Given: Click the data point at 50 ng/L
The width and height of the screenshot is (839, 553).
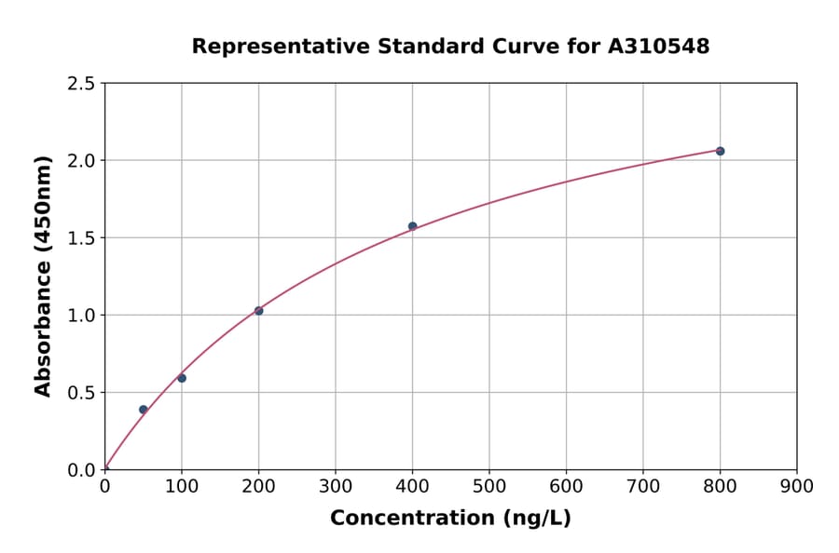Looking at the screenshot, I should click(x=143, y=410).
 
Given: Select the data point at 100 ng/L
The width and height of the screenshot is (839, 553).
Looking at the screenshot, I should click(x=182, y=378).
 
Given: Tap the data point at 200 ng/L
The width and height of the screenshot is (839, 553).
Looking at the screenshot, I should click(x=258, y=311).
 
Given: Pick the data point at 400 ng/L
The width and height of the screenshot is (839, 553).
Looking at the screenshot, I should click(x=412, y=226).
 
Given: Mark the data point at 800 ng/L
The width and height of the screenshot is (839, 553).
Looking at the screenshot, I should click(x=720, y=151).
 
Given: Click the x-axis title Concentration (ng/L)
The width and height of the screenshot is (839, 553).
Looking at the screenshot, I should click(x=450, y=519).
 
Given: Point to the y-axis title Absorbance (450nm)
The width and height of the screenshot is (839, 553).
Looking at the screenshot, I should click(x=43, y=276).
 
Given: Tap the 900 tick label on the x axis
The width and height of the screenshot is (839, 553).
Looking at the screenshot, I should click(x=797, y=486).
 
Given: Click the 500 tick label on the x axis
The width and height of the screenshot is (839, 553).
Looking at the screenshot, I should click(x=489, y=486).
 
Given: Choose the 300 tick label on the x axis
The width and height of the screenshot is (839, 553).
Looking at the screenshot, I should click(x=336, y=486).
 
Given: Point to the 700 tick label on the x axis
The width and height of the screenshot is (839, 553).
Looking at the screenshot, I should click(x=643, y=486).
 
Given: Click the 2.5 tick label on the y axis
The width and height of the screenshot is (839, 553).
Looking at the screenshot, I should click(x=82, y=84).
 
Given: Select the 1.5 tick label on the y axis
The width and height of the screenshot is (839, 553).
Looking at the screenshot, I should click(x=82, y=238).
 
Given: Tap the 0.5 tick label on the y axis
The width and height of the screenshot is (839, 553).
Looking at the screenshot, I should click(x=82, y=393).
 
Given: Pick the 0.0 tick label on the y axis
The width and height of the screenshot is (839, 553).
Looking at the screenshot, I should click(x=82, y=470).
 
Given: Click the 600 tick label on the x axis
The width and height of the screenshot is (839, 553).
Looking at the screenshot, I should click(x=566, y=486).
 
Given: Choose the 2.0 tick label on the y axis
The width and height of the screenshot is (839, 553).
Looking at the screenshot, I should click(x=82, y=161).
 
